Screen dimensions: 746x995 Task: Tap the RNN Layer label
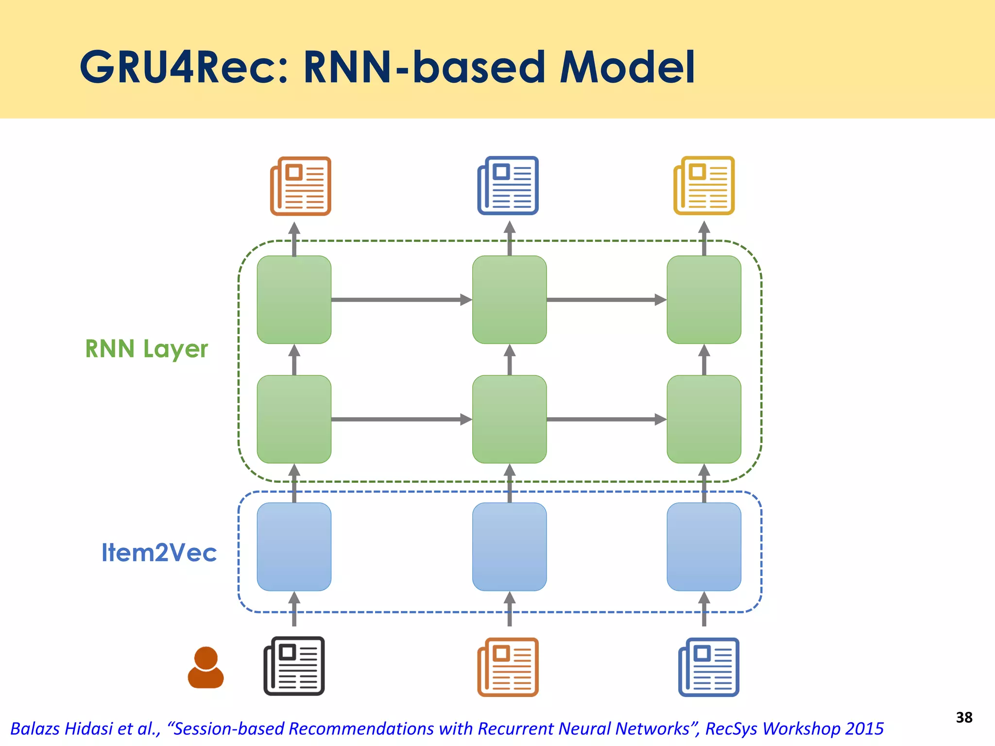tap(146, 349)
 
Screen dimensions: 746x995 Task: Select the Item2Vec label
tap(159, 553)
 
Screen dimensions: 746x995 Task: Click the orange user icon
tap(206, 667)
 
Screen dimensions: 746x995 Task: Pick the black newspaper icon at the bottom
tap(294, 666)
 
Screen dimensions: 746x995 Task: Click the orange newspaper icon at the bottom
tap(508, 667)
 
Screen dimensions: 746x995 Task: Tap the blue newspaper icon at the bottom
tap(708, 667)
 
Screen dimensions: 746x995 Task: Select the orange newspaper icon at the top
tap(301, 186)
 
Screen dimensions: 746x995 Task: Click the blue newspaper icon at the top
tap(508, 185)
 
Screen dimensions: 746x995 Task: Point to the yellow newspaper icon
tap(703, 185)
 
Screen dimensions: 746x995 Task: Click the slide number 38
tap(964, 717)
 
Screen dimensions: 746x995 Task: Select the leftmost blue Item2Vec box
tap(294, 546)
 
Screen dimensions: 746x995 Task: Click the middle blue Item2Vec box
tap(509, 546)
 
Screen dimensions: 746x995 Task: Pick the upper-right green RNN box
tap(703, 300)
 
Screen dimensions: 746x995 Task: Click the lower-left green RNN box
tap(294, 419)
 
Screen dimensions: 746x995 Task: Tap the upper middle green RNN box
tap(509, 300)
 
